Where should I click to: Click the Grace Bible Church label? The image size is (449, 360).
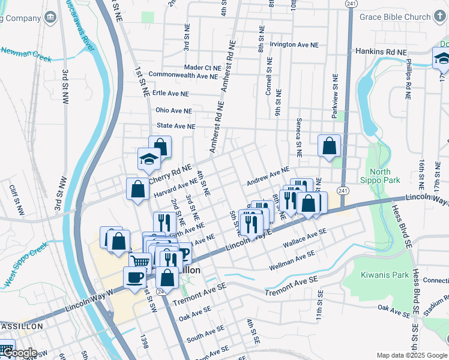click(x=395, y=17)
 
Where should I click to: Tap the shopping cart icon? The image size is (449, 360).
click(x=140, y=262)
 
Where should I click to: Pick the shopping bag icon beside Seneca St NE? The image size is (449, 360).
click(x=330, y=145)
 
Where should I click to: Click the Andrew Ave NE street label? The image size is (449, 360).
click(x=268, y=176)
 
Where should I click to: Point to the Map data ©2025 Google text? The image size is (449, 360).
click(x=411, y=355)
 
